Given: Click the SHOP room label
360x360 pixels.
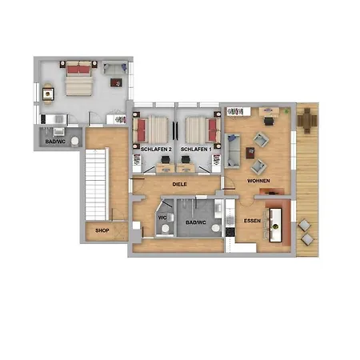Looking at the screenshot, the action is [x=102, y=230].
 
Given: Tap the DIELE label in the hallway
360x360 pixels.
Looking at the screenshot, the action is [x=179, y=184].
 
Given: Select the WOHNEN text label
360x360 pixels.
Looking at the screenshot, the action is [x=258, y=181].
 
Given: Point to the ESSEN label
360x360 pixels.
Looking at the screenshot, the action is [x=252, y=221].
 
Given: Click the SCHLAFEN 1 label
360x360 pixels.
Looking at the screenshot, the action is [x=196, y=150].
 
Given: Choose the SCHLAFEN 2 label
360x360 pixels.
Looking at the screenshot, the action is [x=156, y=150].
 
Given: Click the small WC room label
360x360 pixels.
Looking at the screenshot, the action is [x=162, y=218].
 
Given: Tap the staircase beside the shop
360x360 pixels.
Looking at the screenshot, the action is [x=96, y=185].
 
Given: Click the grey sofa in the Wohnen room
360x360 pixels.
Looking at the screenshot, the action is [x=233, y=150].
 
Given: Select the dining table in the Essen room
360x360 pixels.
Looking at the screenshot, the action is [x=276, y=225].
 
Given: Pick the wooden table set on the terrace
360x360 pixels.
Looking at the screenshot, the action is [x=307, y=121].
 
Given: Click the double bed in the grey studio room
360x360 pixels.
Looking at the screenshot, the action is [x=79, y=78].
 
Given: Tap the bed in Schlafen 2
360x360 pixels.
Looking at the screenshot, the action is [x=150, y=130].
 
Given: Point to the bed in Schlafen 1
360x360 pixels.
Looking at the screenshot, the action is [x=203, y=130].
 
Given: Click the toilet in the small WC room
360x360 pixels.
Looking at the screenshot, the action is [x=166, y=228].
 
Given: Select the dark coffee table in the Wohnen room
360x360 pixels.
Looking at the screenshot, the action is [x=250, y=153].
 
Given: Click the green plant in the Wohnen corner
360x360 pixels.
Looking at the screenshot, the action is [x=286, y=110].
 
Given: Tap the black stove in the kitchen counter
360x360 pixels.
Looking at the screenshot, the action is [x=230, y=232].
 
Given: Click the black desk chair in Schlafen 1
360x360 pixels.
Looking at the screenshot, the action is [x=186, y=159].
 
